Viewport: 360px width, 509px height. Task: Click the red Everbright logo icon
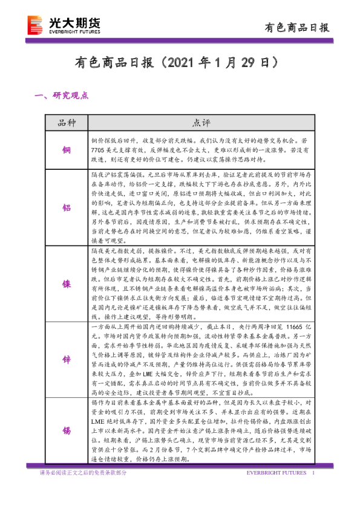36,26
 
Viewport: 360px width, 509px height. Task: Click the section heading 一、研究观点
62,96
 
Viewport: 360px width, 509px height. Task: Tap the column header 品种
66,123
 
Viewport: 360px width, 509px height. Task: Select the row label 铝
66,207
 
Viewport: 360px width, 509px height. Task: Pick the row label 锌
66,358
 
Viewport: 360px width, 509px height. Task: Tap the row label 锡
66,430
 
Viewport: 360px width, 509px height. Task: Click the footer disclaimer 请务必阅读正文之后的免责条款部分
83,473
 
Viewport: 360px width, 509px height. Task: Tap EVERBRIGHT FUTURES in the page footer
273,473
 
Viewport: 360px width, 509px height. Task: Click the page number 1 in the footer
313,473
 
